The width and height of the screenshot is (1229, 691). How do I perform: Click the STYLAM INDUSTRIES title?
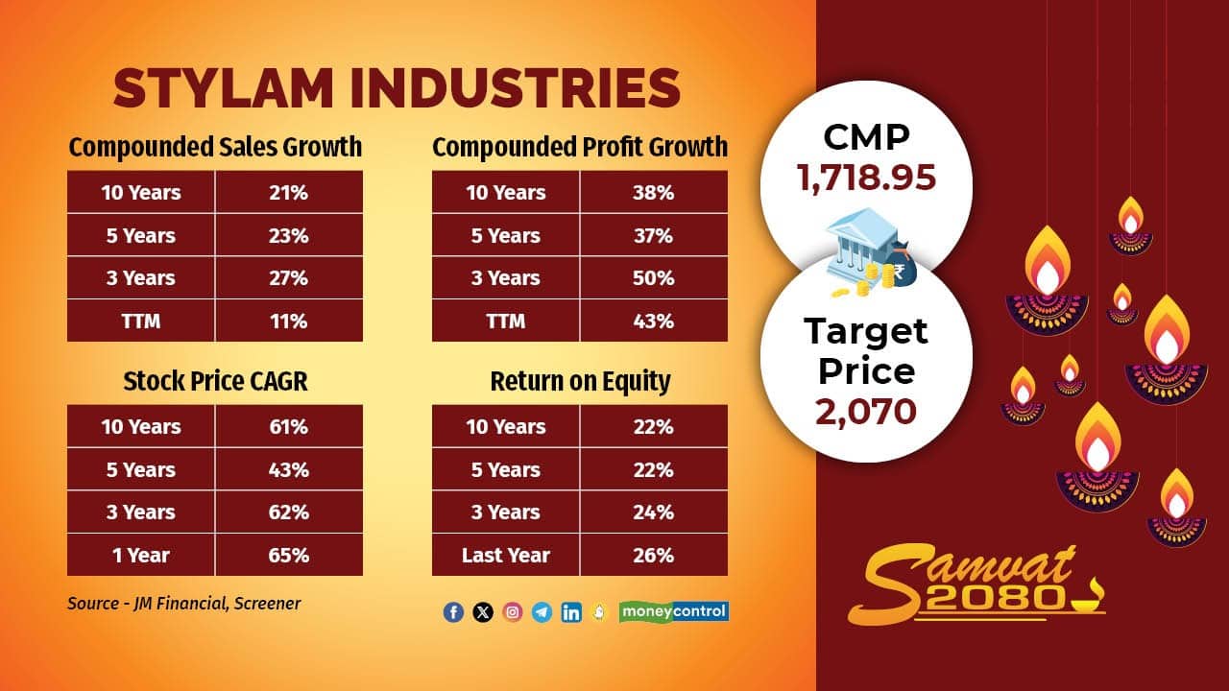397,88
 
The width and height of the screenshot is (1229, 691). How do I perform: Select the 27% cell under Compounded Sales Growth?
288,278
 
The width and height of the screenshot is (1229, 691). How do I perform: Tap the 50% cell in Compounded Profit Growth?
653,278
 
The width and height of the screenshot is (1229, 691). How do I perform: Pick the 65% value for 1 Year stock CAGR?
288,555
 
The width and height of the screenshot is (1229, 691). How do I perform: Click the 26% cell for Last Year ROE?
653,555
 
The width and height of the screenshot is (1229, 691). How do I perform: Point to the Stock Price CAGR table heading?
215,381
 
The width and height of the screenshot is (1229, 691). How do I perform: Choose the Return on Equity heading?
580,381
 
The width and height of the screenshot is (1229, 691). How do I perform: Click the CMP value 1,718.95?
866,178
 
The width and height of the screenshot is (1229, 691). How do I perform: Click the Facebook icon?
453,612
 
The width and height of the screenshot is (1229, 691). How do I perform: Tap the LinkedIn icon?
571,612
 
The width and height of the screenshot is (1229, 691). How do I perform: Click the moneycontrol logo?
674,610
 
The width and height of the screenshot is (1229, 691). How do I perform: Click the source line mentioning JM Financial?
183,604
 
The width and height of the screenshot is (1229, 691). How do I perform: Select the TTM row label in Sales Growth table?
141,321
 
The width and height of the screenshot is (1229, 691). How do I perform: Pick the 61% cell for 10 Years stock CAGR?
288,426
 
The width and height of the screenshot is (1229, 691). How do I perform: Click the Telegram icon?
542,612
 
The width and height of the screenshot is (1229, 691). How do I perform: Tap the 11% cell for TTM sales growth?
288,321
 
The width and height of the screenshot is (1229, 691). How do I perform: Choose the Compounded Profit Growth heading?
580,147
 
